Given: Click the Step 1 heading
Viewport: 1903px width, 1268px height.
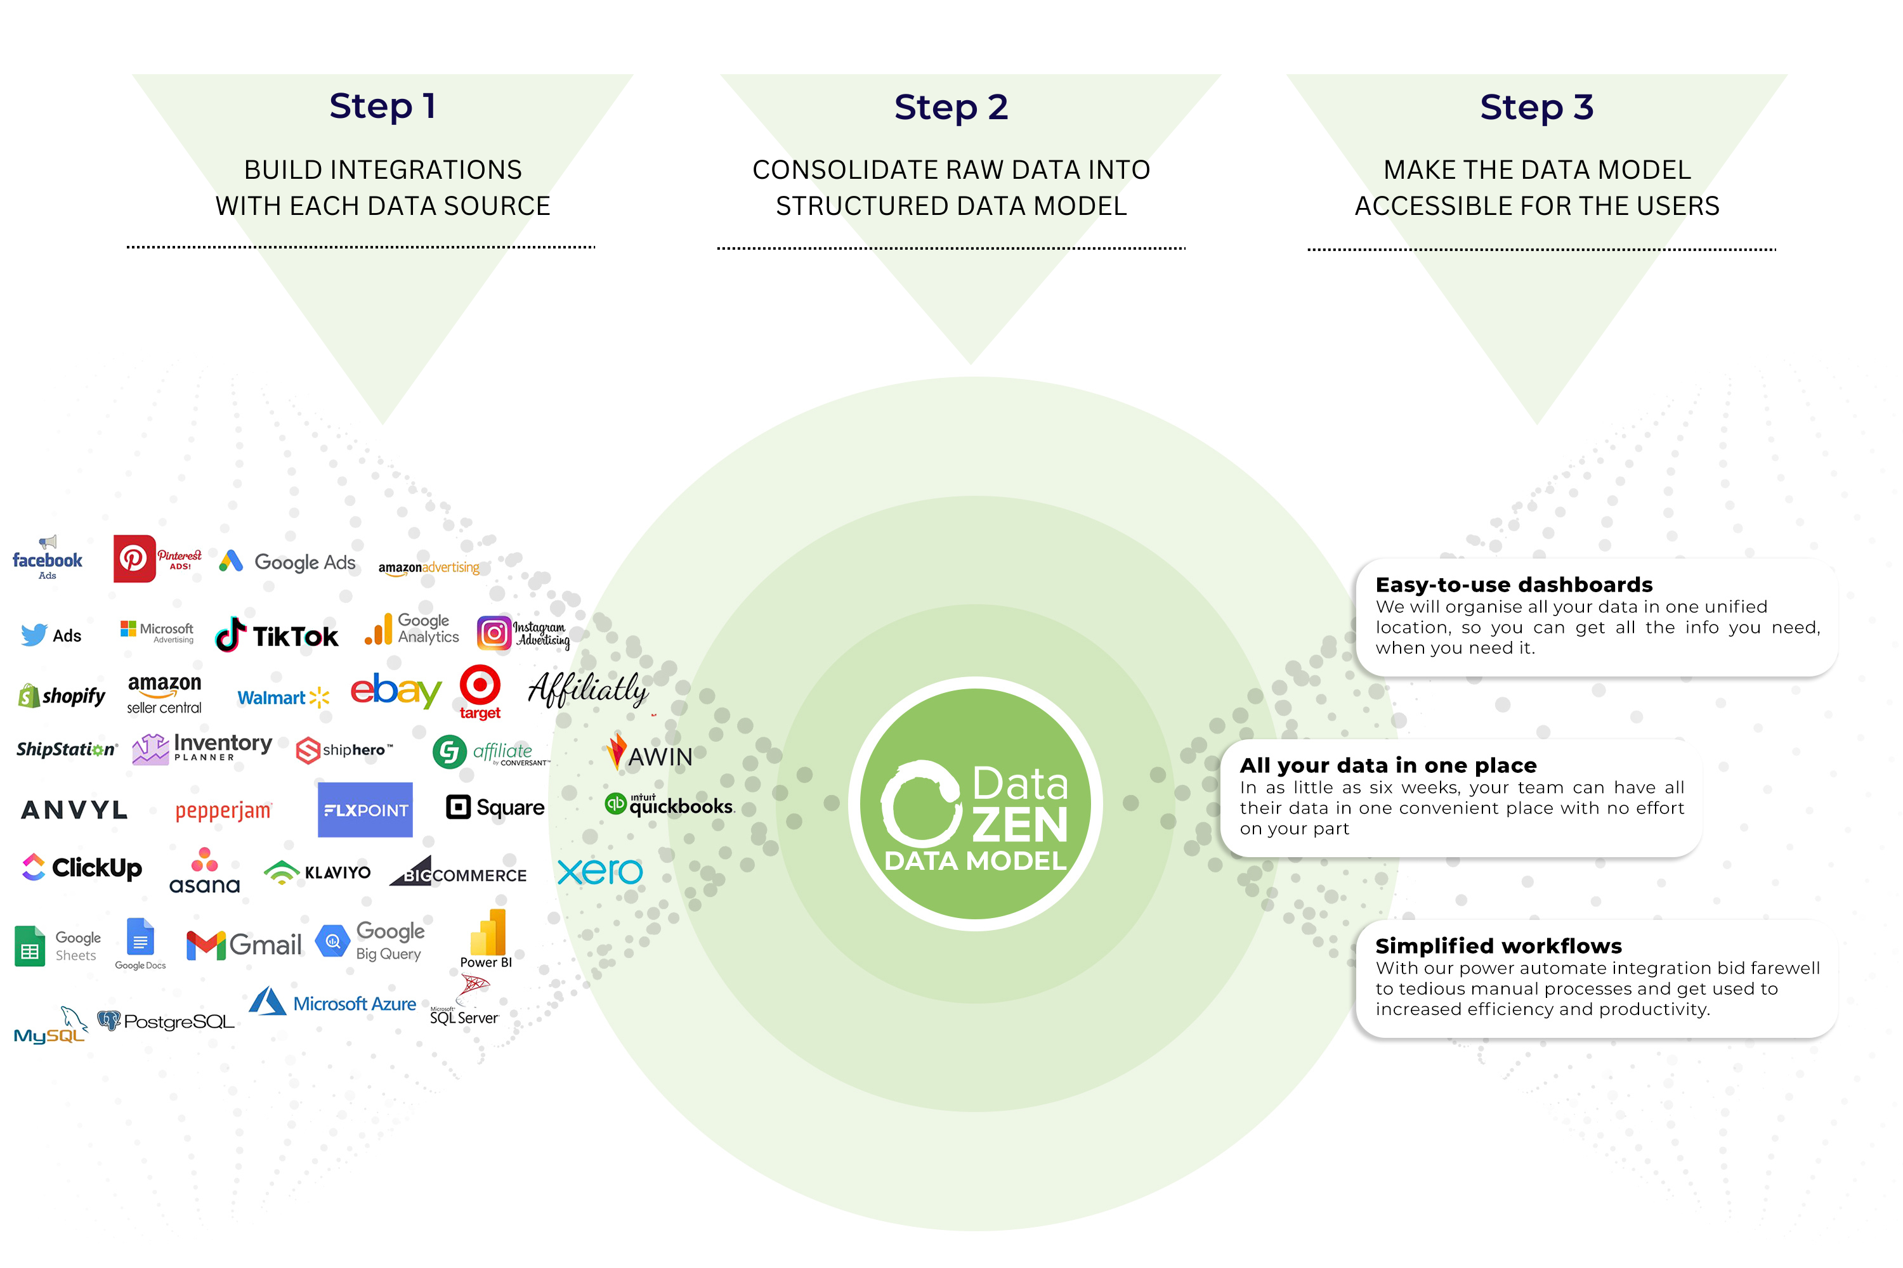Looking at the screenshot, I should [383, 106].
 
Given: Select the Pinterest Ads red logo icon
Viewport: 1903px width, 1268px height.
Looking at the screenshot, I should [133, 558].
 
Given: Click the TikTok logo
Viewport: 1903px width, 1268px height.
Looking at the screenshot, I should [277, 636].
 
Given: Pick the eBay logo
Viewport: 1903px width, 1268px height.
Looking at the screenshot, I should [396, 690].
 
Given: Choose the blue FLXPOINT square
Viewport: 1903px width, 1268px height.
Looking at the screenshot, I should [365, 810].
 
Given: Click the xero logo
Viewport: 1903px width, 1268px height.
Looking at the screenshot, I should [599, 871].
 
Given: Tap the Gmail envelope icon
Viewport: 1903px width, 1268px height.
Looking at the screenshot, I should [206, 945].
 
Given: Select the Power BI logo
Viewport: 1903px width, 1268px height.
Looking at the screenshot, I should [487, 938].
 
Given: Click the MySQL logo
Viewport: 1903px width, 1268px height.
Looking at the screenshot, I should [50, 1028].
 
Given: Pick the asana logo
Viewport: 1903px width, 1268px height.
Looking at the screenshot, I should [205, 872].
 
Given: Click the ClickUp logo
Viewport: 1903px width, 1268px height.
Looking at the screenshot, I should [81, 868].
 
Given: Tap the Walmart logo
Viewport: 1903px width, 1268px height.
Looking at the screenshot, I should [283, 697].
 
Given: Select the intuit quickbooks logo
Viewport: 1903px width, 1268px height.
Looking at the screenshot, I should [669, 805].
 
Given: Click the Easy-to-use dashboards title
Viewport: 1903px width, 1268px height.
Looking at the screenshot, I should [1513, 585].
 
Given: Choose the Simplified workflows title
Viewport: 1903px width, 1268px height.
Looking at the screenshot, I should [1498, 945].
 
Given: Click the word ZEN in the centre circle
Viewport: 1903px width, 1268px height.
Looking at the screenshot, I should [1019, 825].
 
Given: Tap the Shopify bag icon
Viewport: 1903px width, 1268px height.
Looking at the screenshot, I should [29, 695].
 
